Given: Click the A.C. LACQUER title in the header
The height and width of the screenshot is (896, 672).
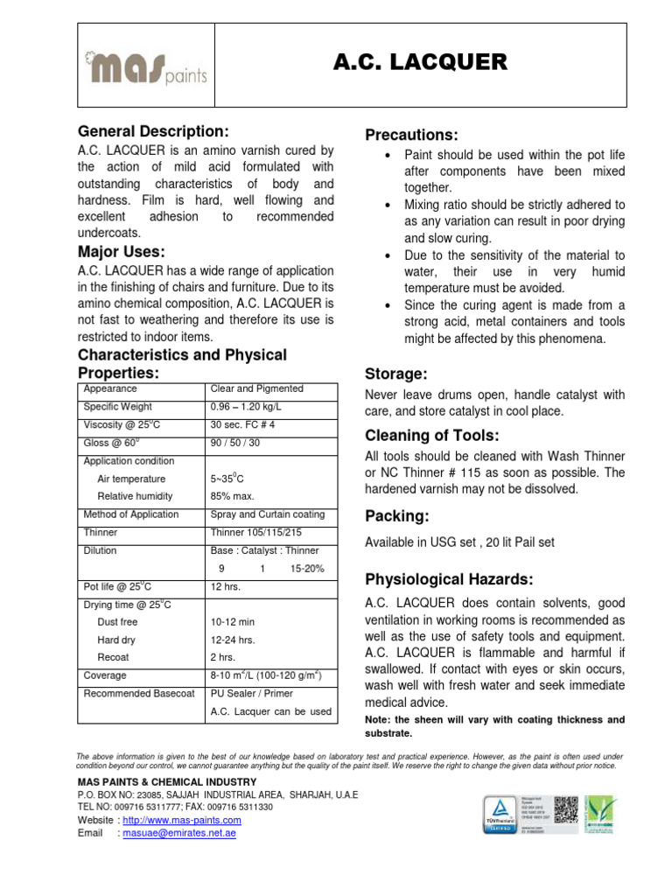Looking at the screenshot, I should coord(420,61).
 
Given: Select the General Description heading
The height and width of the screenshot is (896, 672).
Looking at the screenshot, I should coord(153,131).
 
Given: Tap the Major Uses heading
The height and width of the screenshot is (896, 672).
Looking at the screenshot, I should coord(121,253).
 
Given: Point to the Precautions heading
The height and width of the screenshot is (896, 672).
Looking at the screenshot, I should coord(411,135).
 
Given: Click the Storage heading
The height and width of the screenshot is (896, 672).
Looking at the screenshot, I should coord(395,374).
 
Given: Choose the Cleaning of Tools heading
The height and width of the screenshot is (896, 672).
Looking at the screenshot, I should coord(431,436).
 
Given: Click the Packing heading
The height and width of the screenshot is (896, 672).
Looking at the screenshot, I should coord(396,515).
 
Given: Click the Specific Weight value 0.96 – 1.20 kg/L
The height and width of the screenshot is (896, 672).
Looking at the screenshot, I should coord(247,407).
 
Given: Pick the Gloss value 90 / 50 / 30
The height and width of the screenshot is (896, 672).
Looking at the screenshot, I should coord(234,443).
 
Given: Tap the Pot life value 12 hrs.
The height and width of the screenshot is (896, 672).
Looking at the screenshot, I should coord(226,586).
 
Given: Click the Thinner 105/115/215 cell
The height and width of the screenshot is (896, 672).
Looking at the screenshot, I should coord(255,532).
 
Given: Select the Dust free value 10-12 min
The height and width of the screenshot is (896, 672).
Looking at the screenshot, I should coord(233,622).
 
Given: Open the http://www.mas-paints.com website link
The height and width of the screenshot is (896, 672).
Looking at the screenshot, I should coord(181,820).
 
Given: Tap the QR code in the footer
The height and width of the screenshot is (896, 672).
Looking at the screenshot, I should coord(567,806).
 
